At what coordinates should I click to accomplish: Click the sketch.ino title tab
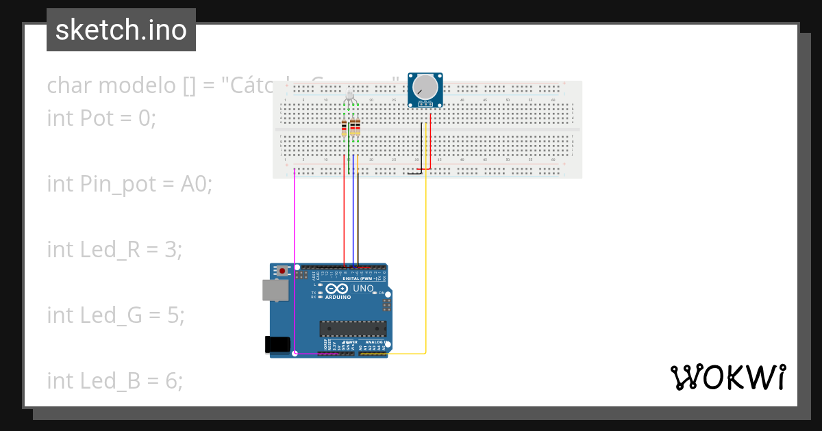[121, 30]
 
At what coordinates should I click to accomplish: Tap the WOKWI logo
[727, 377]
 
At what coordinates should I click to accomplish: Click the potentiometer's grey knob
[425, 87]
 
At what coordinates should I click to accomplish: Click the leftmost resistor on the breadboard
[344, 128]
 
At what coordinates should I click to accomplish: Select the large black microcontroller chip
[353, 328]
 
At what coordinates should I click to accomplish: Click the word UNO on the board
[363, 289]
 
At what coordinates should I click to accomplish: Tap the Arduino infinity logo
[341, 289]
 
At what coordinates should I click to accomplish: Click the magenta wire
[295, 260]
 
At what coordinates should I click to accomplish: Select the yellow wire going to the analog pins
[426, 274]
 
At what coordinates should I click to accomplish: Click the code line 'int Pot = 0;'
[101, 118]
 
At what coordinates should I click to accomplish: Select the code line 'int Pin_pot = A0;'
[129, 183]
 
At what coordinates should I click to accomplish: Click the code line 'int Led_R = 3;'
[114, 249]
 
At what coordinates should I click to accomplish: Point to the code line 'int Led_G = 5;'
[114, 315]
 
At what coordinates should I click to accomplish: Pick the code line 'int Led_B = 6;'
[114, 380]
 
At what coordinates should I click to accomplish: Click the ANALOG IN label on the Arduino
[374, 341]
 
